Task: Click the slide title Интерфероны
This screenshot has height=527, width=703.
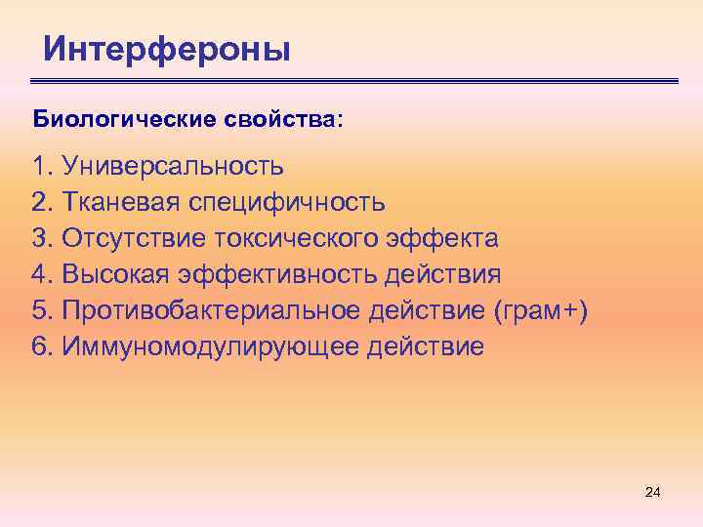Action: coord(167,48)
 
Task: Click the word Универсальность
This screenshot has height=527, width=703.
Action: coord(173,167)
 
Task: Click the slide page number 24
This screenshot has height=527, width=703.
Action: coord(653,493)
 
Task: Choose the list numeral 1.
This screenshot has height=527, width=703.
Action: coord(39,167)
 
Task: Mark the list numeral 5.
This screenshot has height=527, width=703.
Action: coord(39,310)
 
